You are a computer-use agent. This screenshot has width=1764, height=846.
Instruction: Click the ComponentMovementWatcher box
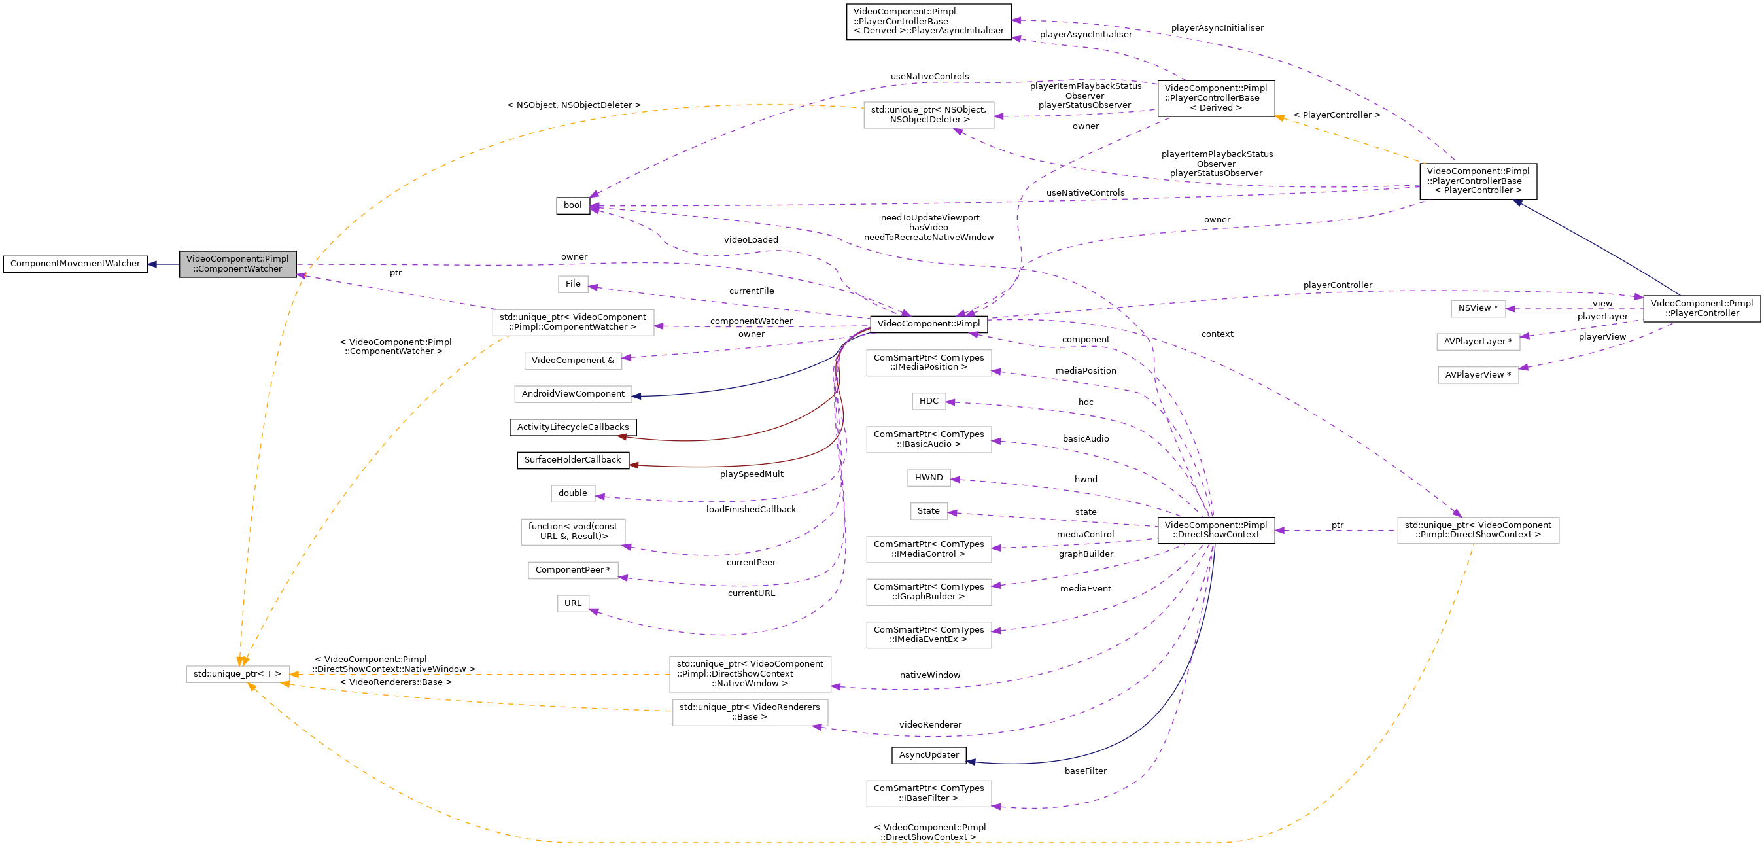75,264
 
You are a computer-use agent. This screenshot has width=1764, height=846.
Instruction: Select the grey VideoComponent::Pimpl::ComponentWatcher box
237,264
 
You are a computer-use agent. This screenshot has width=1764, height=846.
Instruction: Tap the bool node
572,205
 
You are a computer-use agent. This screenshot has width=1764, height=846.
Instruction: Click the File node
572,283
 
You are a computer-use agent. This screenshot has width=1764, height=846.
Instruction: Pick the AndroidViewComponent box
572,394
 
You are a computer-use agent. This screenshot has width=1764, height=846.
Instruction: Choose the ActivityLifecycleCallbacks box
572,427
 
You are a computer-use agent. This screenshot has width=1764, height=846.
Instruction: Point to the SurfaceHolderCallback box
572,461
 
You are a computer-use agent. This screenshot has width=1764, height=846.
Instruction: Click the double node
572,493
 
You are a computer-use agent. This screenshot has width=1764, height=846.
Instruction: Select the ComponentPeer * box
572,570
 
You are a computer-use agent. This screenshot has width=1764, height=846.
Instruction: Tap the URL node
572,603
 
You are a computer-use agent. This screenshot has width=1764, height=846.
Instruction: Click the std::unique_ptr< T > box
237,674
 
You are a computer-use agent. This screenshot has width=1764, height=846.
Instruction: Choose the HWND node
929,478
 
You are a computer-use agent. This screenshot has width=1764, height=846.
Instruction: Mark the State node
929,511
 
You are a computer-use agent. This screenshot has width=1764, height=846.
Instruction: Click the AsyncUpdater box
929,755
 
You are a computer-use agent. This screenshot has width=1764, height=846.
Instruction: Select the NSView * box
1478,308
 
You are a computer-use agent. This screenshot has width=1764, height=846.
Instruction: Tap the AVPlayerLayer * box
1478,342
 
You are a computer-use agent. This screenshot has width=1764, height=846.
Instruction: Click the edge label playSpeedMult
752,474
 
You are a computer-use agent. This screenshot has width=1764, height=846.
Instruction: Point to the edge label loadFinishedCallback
752,510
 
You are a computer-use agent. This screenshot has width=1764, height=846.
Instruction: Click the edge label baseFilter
1085,771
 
